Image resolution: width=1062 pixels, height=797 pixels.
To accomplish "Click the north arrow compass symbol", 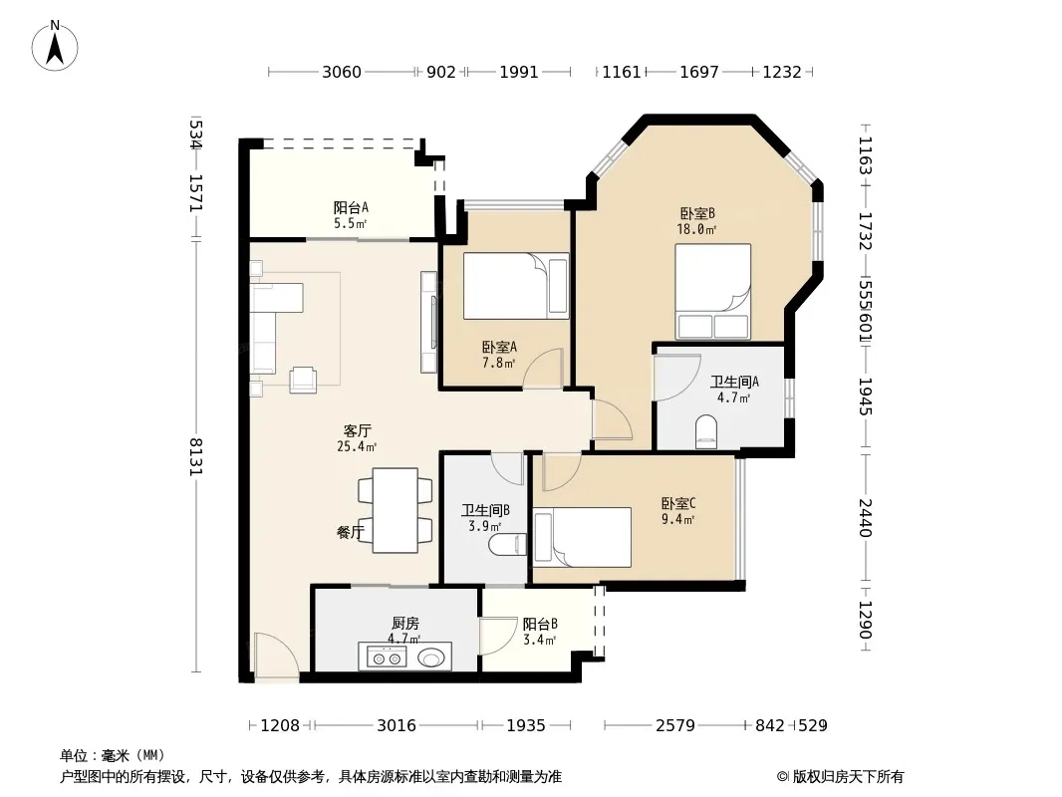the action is [x=55, y=46].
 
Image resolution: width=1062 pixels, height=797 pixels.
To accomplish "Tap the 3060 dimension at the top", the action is [x=342, y=72].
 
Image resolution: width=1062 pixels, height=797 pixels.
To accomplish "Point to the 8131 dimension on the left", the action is [x=195, y=456].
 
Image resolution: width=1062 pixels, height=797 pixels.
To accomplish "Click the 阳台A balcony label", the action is [x=351, y=208].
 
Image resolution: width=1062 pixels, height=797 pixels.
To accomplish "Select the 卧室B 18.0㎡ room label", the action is [x=697, y=221].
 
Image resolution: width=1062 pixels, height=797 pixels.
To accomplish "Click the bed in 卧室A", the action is [x=516, y=286].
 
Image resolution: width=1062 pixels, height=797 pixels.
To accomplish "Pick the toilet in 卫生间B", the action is [x=507, y=544].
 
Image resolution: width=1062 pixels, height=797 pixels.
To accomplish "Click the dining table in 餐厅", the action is [x=396, y=510].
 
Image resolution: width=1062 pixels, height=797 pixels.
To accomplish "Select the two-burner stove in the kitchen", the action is [x=387, y=657].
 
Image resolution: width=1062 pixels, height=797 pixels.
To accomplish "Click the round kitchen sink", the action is [x=432, y=657].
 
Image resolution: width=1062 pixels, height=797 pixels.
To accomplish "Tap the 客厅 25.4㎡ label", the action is [x=357, y=438].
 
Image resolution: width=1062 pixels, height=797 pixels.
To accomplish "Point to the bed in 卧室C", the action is [x=583, y=537].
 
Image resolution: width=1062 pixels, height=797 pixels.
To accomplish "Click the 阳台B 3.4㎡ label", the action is [x=540, y=631].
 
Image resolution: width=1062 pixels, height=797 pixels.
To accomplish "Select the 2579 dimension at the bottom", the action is [x=675, y=726].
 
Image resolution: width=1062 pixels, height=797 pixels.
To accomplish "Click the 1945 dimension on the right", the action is [x=865, y=397].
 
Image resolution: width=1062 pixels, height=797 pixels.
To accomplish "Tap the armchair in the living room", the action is [x=303, y=380].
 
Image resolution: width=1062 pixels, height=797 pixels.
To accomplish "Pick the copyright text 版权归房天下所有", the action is [x=848, y=777].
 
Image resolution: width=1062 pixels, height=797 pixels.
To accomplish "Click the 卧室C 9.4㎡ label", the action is [x=678, y=511].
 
